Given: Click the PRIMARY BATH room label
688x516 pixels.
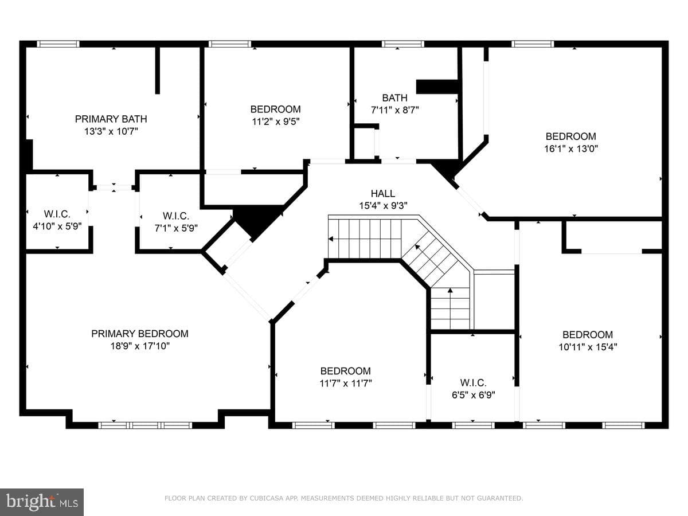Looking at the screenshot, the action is click(x=111, y=119).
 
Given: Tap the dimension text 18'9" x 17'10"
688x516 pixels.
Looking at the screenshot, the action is click(x=140, y=346).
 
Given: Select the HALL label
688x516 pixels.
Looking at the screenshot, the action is click(x=383, y=193).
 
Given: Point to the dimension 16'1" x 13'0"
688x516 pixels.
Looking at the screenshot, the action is click(x=571, y=148).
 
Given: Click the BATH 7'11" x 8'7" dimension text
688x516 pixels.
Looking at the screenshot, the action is click(x=395, y=110).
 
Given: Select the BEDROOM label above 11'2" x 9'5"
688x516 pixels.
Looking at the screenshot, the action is click(x=276, y=109).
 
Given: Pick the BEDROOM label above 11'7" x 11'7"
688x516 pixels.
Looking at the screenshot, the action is click(x=345, y=371).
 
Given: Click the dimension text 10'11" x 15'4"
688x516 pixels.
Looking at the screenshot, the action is click(x=588, y=347).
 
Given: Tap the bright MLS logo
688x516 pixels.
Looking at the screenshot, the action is click(x=42, y=502).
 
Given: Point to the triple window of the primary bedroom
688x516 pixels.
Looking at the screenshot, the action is click(x=145, y=425).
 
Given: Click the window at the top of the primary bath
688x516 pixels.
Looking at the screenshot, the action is click(x=58, y=44).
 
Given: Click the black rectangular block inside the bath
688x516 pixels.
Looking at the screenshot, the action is click(x=437, y=87).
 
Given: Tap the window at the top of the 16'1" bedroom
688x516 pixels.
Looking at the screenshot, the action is click(x=533, y=44).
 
